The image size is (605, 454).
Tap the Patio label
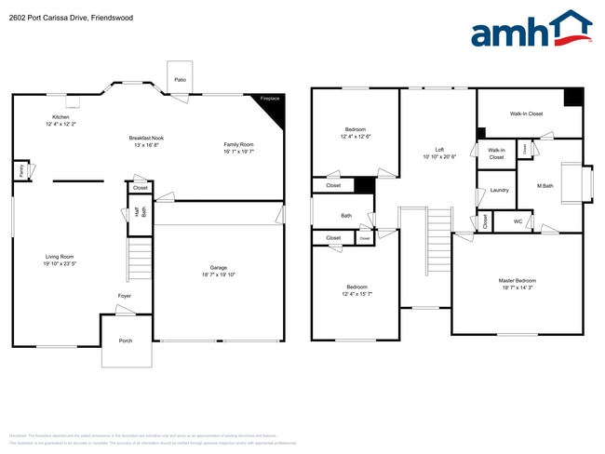(180, 80)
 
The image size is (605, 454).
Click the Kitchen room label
(61, 117)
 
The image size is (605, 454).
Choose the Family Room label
(238, 144)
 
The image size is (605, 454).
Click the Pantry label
(20, 170)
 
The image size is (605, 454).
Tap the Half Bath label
(141, 210)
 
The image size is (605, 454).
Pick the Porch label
(125, 340)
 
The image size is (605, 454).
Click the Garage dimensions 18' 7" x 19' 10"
(220, 274)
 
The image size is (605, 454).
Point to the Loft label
(439, 149)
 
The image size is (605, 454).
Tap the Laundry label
(499, 190)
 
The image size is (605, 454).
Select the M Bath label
(546, 186)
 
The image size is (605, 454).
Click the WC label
(518, 221)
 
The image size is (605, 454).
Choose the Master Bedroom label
(517, 280)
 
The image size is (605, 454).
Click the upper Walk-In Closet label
(526, 113)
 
